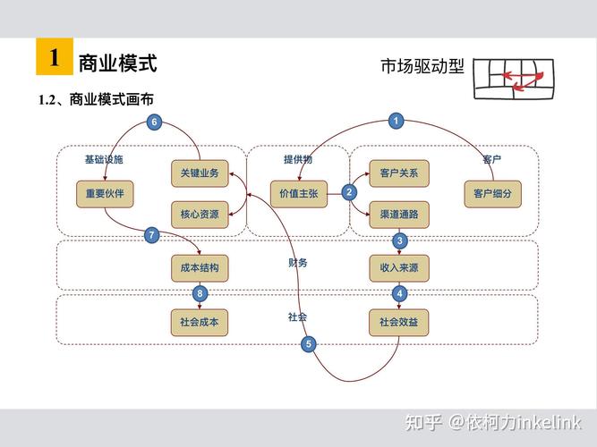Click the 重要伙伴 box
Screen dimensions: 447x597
pos(105,193)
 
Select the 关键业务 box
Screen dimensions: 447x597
pos(200,173)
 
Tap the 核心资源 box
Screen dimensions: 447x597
pos(200,215)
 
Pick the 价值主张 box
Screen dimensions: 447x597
pos(299,193)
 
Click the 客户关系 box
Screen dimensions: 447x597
pos(398,173)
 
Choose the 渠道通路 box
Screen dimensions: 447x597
pos(398,215)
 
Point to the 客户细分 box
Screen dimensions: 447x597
pos(492,193)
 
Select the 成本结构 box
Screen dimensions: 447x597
pos(200,267)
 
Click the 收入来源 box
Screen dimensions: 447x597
pos(398,267)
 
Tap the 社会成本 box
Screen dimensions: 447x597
pos(200,322)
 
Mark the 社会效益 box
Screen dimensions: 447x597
pos(398,322)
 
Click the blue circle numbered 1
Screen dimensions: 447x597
pos(397,121)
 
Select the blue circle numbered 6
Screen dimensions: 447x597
pos(154,122)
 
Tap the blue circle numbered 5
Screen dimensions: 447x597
pos(309,344)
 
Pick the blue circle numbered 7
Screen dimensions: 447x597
pos(151,236)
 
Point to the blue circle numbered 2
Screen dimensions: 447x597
pos(349,191)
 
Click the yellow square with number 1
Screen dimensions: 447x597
pos(54,58)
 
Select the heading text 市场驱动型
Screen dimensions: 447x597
pos(422,67)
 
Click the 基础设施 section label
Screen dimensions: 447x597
pos(104,159)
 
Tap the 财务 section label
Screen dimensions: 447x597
pos(297,263)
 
